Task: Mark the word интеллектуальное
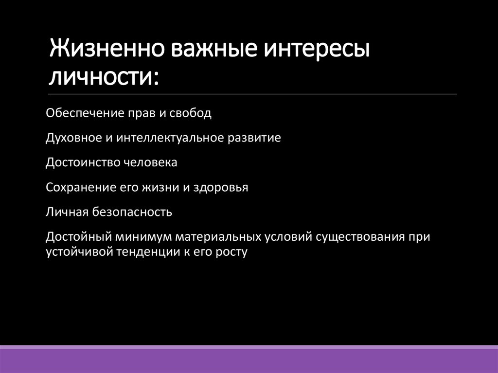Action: coord(169,138)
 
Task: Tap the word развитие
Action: coord(253,138)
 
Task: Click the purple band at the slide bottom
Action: coord(249,360)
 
